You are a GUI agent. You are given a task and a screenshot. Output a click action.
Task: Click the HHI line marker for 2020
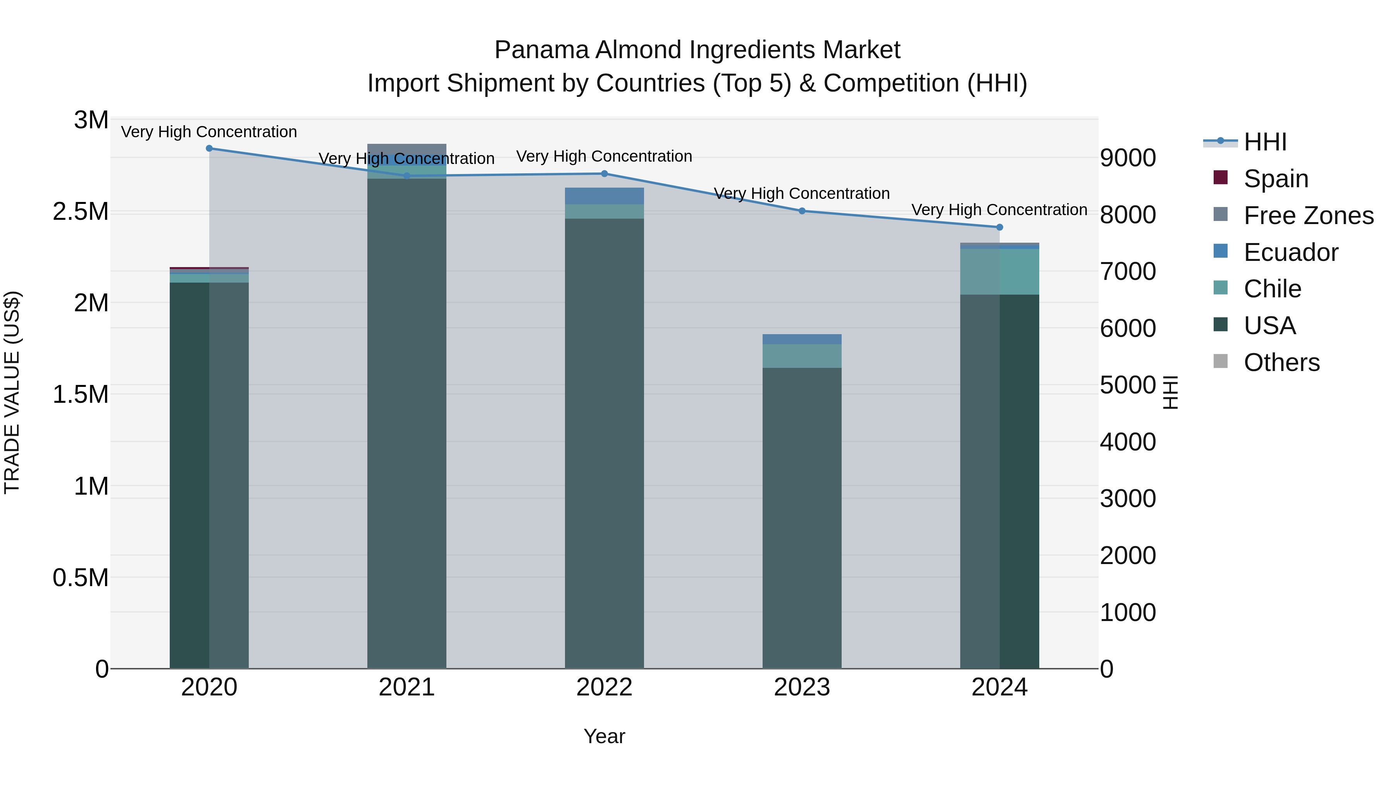pyautogui.click(x=209, y=148)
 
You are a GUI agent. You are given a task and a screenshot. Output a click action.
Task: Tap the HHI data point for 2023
pyautogui.click(x=802, y=211)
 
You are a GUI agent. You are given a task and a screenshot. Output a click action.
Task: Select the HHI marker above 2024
pyautogui.click(x=1000, y=227)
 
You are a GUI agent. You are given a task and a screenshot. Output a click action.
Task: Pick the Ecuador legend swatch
pyautogui.click(x=1221, y=251)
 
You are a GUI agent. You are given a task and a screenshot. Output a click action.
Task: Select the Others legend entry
pyautogui.click(x=1281, y=362)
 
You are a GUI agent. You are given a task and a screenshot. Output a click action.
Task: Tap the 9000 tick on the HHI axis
pyautogui.click(x=1128, y=158)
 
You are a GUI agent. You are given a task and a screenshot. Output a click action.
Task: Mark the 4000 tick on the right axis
pyautogui.click(x=1128, y=442)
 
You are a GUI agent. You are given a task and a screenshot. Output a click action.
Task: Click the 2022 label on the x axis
pyautogui.click(x=604, y=687)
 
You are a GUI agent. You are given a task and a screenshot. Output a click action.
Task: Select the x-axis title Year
pyautogui.click(x=604, y=736)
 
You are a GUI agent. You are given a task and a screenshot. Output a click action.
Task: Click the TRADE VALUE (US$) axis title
pyautogui.click(x=12, y=392)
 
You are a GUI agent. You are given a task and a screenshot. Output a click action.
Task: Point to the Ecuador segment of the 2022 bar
pyautogui.click(x=604, y=196)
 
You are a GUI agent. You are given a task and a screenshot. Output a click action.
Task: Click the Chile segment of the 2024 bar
pyautogui.click(x=1000, y=271)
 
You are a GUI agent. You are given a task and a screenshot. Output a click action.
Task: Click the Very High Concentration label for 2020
pyautogui.click(x=209, y=132)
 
